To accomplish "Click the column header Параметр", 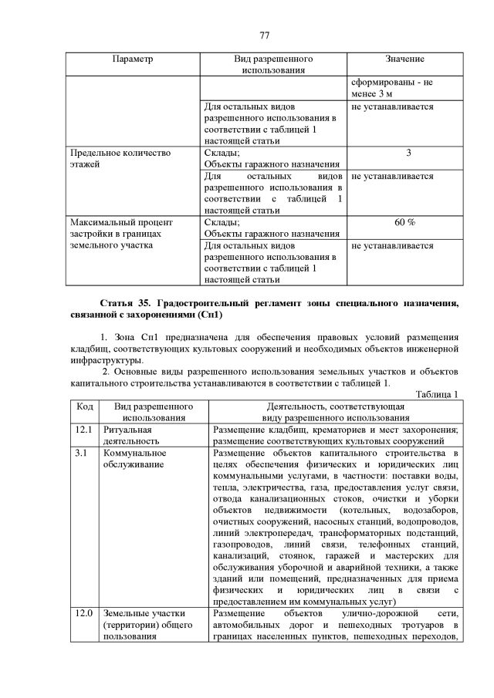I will [x=133, y=59].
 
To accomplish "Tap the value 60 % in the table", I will [x=404, y=222].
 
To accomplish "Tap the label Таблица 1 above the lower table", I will [x=437, y=394].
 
